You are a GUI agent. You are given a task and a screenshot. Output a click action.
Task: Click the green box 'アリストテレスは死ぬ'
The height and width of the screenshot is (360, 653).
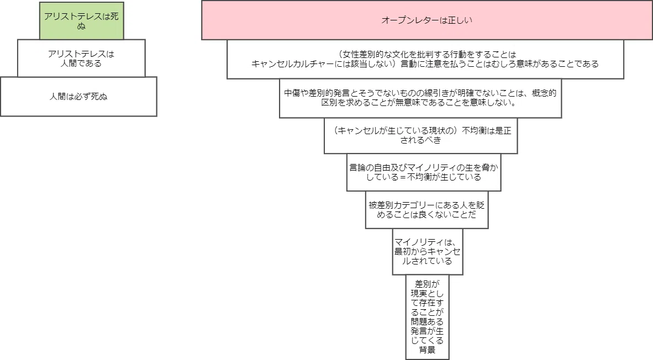tap(82, 21)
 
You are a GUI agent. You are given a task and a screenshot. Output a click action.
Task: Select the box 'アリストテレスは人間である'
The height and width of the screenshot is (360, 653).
tap(81, 59)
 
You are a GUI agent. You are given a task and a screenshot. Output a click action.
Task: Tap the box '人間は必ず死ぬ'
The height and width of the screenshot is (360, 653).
tap(78, 97)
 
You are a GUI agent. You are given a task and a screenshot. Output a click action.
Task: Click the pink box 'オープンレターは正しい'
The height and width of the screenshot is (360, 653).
tap(427, 20)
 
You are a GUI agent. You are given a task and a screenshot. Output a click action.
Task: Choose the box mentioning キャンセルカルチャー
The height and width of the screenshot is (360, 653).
tap(425, 59)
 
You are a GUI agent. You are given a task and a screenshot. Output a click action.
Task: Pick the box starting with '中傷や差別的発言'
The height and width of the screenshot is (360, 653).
tap(420, 98)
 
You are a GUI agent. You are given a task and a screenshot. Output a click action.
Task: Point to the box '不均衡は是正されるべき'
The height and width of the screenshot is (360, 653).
tap(420, 136)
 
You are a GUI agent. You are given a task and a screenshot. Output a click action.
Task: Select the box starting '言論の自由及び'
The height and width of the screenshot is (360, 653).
tap(424, 172)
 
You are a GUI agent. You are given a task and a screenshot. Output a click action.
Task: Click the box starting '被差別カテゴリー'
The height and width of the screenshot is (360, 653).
tap(426, 210)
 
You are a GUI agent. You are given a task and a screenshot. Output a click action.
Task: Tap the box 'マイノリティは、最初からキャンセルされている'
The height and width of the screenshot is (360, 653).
tap(427, 252)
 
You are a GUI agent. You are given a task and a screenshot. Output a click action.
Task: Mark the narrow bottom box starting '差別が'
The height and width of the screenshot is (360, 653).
tap(427, 317)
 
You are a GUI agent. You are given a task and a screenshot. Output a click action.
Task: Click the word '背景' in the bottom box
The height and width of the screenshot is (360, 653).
tap(427, 350)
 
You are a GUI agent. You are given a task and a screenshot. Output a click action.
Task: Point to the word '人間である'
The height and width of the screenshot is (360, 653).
tap(81, 63)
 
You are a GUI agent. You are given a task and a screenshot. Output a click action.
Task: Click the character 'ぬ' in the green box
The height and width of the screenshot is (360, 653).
tap(81, 26)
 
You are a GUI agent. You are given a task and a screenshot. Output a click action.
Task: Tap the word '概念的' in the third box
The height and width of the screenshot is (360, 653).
tap(544, 93)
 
